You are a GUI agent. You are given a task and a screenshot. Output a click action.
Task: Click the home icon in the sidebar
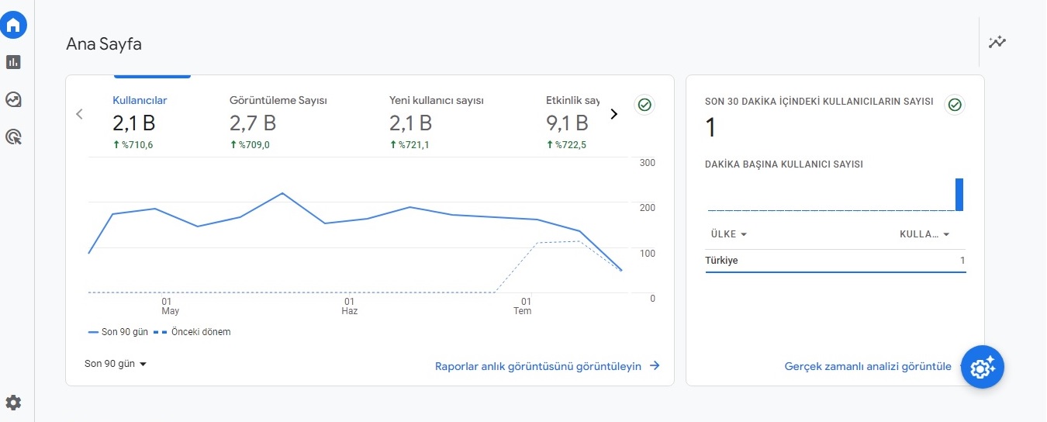(x=13, y=25)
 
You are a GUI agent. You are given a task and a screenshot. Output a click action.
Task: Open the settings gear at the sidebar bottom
(x=13, y=403)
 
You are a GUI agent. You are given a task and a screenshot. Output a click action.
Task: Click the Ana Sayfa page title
(x=104, y=44)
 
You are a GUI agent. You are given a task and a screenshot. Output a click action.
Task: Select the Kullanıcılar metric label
(x=140, y=100)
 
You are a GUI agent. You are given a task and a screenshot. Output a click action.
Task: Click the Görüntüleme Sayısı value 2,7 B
(x=253, y=123)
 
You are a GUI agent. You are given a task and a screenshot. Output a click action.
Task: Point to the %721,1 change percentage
(x=409, y=145)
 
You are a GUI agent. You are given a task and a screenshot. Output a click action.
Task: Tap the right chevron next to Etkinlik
(x=614, y=114)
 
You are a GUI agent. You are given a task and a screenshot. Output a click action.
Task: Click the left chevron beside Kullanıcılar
(x=79, y=114)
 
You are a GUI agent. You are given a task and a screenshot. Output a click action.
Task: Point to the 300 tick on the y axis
(x=648, y=163)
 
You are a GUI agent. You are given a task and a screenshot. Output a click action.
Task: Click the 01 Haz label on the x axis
(x=350, y=306)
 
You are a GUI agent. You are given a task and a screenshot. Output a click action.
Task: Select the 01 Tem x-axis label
(x=523, y=306)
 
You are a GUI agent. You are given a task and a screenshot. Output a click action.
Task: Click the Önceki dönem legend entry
(x=192, y=332)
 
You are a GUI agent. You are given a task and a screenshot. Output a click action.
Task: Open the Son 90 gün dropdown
(x=116, y=364)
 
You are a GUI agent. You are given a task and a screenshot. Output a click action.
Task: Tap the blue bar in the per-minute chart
(x=959, y=195)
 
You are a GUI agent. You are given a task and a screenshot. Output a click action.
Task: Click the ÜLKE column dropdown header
(x=729, y=234)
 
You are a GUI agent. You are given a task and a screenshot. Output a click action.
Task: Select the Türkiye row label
(x=721, y=261)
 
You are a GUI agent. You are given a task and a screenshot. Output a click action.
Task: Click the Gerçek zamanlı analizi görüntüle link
(x=868, y=366)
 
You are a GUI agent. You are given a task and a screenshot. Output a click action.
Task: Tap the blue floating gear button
(x=982, y=368)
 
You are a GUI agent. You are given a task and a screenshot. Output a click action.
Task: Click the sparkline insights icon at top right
(x=997, y=42)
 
